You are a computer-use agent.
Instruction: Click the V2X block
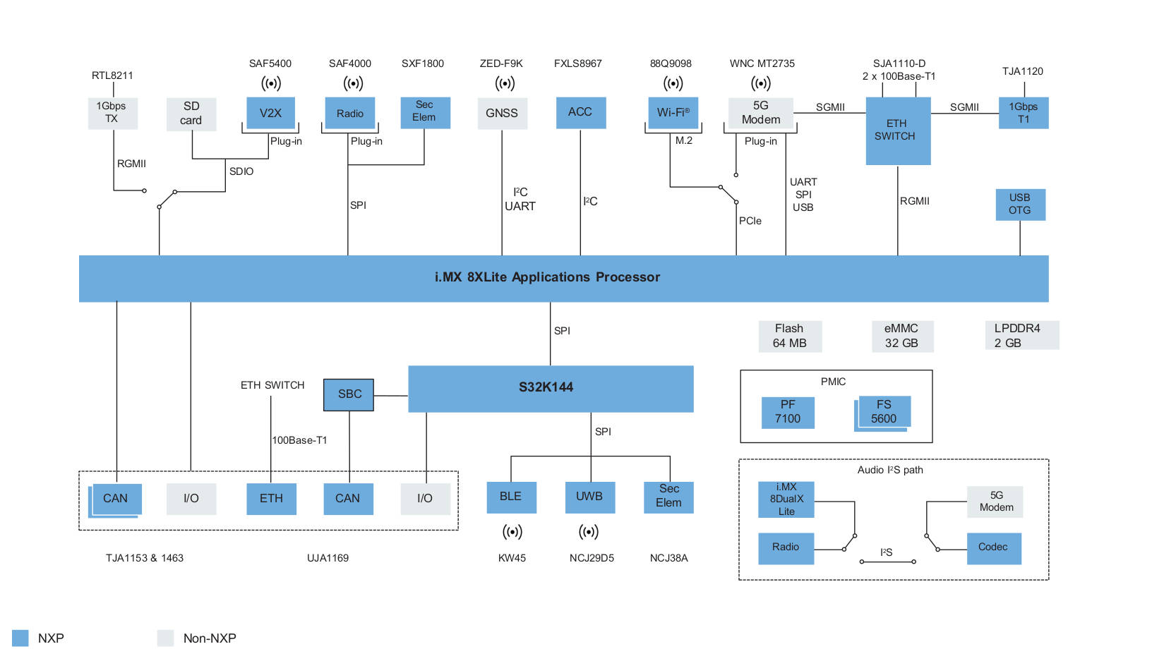point(270,113)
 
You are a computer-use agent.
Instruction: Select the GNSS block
point(502,113)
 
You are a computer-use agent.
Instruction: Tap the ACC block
point(580,112)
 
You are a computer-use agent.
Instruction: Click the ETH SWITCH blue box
point(897,131)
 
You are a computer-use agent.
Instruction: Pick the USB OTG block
point(1020,204)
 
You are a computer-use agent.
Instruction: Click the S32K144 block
point(551,388)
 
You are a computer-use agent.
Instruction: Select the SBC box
point(349,394)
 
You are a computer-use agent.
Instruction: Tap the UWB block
point(589,497)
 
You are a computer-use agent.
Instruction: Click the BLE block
point(511,497)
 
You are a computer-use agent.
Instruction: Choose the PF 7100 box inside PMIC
point(788,412)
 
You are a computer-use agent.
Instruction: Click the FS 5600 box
point(884,412)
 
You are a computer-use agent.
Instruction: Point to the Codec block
point(993,547)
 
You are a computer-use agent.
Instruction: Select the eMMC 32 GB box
point(901,336)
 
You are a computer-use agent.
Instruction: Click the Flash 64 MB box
point(789,336)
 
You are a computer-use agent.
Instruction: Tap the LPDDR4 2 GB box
point(1021,336)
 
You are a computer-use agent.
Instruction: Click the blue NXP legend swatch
point(20,638)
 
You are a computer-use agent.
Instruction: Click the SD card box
point(191,114)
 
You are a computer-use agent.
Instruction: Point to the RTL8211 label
point(112,75)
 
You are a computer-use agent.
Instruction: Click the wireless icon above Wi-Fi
point(673,83)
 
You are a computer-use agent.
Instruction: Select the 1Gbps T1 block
point(1023,113)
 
